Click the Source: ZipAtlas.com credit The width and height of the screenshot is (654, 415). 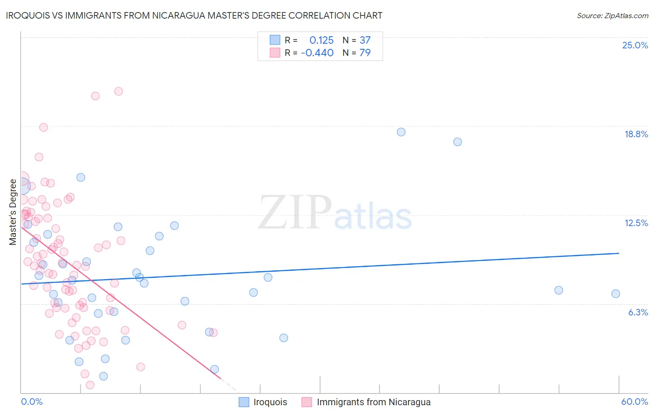point(612,16)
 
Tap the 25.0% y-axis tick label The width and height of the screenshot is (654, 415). point(635,45)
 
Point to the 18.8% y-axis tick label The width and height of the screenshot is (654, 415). point(636,134)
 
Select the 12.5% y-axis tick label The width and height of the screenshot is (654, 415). point(636,223)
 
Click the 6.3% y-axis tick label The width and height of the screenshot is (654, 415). point(638,312)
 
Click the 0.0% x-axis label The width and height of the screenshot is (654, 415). point(32,402)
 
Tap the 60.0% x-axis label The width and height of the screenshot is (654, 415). point(634,402)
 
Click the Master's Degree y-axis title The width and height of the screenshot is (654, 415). point(13,212)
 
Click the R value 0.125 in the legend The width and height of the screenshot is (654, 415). point(321,40)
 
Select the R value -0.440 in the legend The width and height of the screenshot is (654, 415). point(317,53)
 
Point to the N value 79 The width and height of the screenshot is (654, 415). point(365,53)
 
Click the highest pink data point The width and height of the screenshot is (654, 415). point(119,91)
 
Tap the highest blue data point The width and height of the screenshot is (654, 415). point(401,132)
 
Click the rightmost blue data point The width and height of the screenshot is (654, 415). point(615,294)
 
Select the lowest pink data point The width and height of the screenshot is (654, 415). point(90,385)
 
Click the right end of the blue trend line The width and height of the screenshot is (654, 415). point(619,253)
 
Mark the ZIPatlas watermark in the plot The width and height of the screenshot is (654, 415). point(335,213)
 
